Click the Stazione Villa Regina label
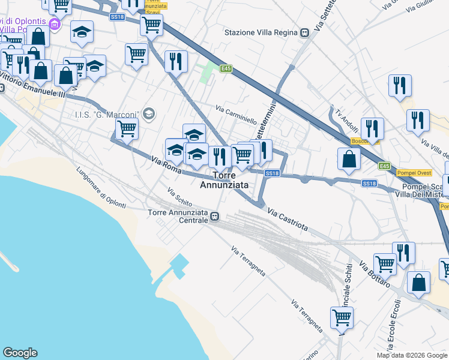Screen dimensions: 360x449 (261, 32)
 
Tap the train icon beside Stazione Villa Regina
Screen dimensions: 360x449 (305, 32)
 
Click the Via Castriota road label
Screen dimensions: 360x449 (288, 220)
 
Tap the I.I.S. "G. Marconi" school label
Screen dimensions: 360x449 (106, 114)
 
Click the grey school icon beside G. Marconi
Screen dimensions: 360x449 (148, 113)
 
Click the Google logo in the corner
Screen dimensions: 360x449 (20, 353)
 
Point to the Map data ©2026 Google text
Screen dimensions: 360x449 (412, 355)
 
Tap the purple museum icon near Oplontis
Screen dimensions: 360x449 (55, 25)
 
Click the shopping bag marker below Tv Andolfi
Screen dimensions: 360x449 (349, 160)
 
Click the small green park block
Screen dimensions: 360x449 (208, 73)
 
